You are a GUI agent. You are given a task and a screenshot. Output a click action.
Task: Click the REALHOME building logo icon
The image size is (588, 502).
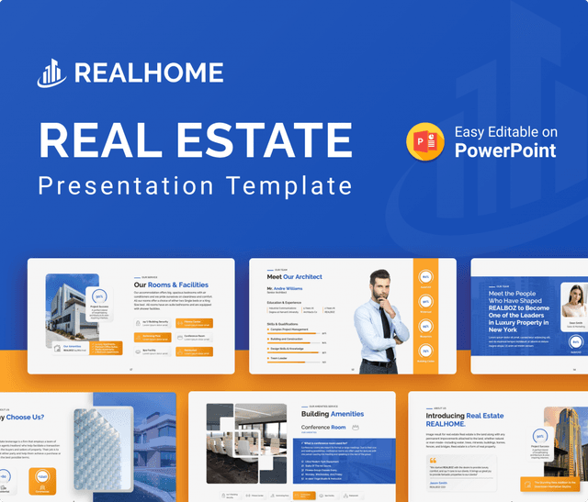click(52, 74)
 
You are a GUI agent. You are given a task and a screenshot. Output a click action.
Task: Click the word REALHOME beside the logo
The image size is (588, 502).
click(148, 74)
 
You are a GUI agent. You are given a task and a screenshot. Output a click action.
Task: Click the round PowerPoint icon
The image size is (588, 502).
click(425, 141)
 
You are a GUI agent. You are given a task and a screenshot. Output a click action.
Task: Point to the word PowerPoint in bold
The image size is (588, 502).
click(504, 150)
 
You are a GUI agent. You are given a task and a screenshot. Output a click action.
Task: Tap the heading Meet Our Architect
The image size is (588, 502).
click(294, 276)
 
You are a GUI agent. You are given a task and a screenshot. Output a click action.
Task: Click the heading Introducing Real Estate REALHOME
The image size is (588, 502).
click(464, 421)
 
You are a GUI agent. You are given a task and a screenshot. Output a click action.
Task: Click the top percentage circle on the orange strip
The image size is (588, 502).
click(425, 276)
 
